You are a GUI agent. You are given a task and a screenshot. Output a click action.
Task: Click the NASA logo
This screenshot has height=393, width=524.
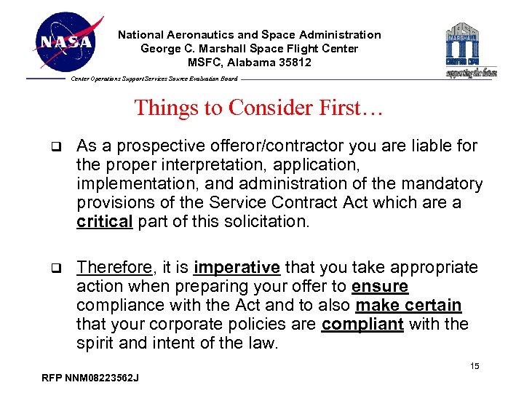(66, 42)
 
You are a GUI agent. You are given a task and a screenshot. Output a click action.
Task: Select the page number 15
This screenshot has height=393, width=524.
(475, 366)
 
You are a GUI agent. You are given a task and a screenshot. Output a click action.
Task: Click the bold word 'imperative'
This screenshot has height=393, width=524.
(238, 268)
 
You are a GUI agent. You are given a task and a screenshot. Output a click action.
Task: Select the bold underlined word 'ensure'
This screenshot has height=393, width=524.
(380, 287)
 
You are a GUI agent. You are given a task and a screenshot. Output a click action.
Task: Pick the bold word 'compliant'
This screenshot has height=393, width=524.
(362, 325)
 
